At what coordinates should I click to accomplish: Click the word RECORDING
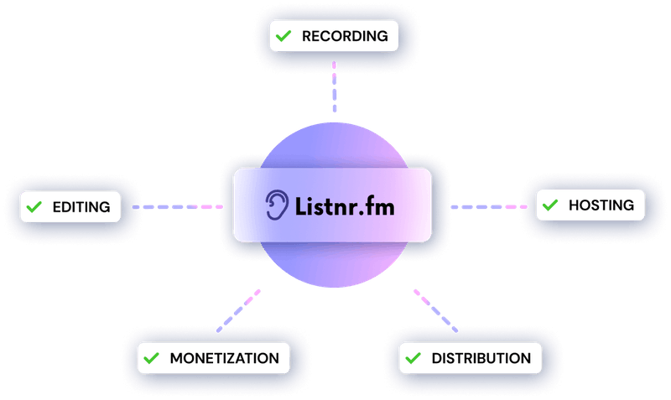pos(345,36)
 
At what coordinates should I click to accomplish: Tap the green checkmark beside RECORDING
pos(283,36)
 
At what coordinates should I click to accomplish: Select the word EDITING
pos(81,206)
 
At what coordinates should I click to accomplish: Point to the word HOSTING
pos(601,204)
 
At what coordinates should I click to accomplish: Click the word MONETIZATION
pos(224,358)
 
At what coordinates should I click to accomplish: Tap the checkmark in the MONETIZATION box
pos(152,358)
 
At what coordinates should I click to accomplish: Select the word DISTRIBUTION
pos(481,359)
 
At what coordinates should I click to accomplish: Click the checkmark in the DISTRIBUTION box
pos(413,359)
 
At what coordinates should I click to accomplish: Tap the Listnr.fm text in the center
pos(344,205)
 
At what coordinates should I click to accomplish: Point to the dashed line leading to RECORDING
pos(334,86)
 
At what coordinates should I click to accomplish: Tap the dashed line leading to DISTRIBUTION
pos(435,310)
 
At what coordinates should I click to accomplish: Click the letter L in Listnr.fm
pos(299,204)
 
